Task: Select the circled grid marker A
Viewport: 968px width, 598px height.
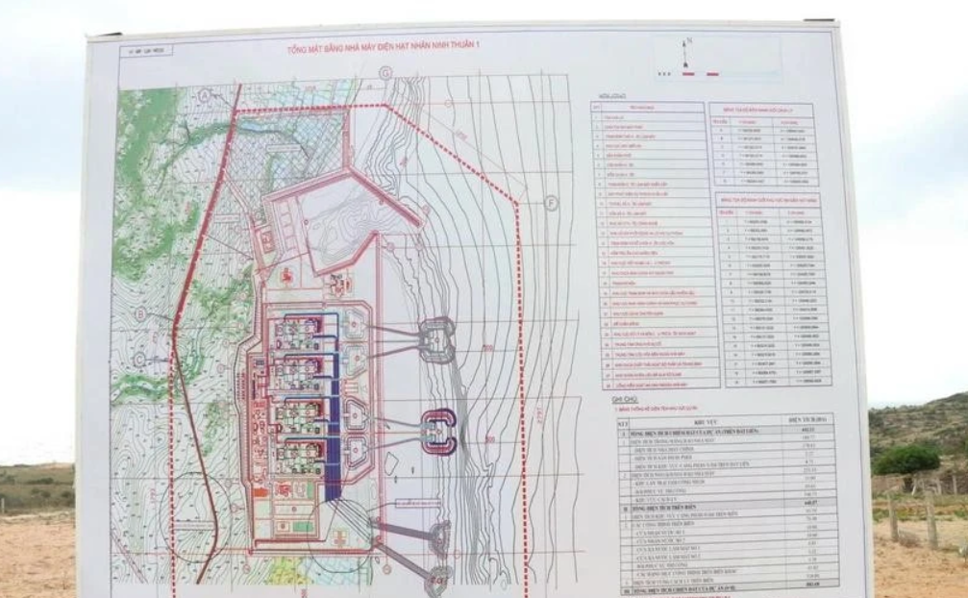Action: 205,95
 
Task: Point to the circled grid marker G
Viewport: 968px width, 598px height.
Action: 385,72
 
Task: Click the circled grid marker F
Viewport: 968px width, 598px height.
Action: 551,203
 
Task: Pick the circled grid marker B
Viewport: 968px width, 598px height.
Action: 140,312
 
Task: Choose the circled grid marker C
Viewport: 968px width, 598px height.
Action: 141,359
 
